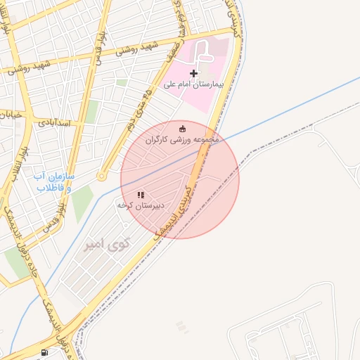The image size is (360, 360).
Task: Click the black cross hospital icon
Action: tap(194, 73)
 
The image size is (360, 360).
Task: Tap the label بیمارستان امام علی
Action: tap(193, 84)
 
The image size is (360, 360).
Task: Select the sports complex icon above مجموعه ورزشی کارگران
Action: tap(183, 128)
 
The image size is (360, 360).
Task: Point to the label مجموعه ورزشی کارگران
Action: tap(183, 140)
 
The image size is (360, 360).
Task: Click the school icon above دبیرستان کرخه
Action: tap(141, 194)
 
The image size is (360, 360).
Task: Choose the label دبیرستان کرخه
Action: tap(141, 205)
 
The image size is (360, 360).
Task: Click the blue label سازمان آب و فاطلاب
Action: tap(54, 182)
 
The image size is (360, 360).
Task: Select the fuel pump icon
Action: tap(46, 352)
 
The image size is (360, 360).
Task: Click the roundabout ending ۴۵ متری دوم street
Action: tap(102, 176)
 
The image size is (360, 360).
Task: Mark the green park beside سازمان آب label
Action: tap(82, 200)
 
